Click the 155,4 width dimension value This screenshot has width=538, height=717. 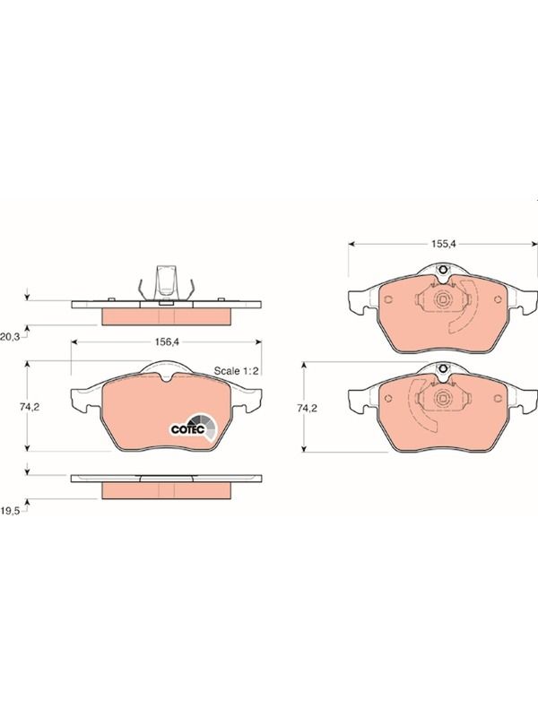click(x=444, y=244)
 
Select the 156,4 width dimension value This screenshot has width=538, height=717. click(x=167, y=341)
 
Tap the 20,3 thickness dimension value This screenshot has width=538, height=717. click(x=10, y=337)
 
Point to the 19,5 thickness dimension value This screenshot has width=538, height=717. click(x=10, y=511)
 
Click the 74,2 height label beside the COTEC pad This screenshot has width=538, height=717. click(x=30, y=407)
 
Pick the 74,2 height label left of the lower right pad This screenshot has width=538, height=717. click(x=307, y=409)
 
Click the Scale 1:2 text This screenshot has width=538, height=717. click(x=236, y=370)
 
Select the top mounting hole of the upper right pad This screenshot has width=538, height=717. click(x=442, y=270)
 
